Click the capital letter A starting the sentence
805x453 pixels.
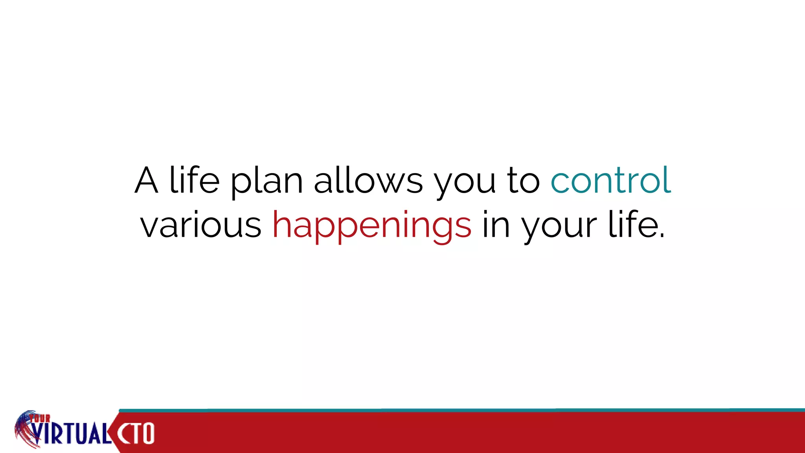(147, 180)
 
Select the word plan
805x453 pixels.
(266, 182)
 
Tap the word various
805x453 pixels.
(201, 225)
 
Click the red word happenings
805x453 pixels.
(372, 226)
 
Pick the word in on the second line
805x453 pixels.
(496, 225)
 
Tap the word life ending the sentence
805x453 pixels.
(633, 225)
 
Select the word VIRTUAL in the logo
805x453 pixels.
(71, 433)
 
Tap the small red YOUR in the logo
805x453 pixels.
(40, 418)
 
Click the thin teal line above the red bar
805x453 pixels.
(432, 410)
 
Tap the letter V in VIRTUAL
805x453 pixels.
(38, 434)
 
